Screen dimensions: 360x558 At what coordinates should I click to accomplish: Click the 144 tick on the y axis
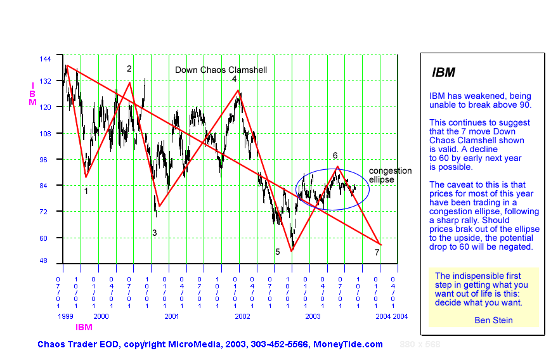coord(45,58)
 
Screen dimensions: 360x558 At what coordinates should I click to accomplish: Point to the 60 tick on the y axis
coord(45,238)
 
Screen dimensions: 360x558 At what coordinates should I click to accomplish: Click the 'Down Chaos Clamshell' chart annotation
coord(221,70)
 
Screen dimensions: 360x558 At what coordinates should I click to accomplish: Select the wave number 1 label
coord(86,190)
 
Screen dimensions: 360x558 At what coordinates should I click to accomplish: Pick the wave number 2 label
coord(129,69)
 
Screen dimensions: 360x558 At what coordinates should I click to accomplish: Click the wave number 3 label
coord(154,233)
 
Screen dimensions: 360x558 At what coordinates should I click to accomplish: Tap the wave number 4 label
coord(234,79)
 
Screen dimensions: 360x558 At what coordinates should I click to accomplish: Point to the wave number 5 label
coord(277,252)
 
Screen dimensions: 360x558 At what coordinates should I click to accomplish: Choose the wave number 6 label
coord(335,155)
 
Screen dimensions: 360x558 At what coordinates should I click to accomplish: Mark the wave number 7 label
coord(377,253)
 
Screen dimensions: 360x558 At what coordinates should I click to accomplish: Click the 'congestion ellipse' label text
coord(390,176)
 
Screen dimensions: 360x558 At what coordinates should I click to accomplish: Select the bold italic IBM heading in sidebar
coord(443,72)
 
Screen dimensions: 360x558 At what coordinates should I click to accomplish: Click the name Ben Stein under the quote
coord(493,320)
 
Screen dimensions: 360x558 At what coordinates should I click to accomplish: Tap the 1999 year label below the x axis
coord(66,316)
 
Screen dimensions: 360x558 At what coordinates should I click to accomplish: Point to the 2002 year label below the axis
coord(242,316)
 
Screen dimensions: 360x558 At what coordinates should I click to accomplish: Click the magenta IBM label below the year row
coord(84,328)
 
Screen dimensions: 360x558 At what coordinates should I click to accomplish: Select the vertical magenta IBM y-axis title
coord(32,93)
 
